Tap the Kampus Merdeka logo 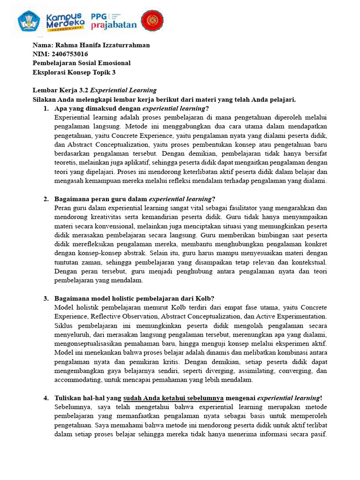[66, 21]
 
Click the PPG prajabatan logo [114, 21]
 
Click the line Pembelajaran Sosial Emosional [82, 63]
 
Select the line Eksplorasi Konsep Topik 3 [74, 72]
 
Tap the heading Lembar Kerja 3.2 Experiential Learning [94, 90]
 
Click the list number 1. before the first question [46, 108]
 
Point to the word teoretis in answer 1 [67, 163]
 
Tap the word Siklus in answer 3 [64, 326]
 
